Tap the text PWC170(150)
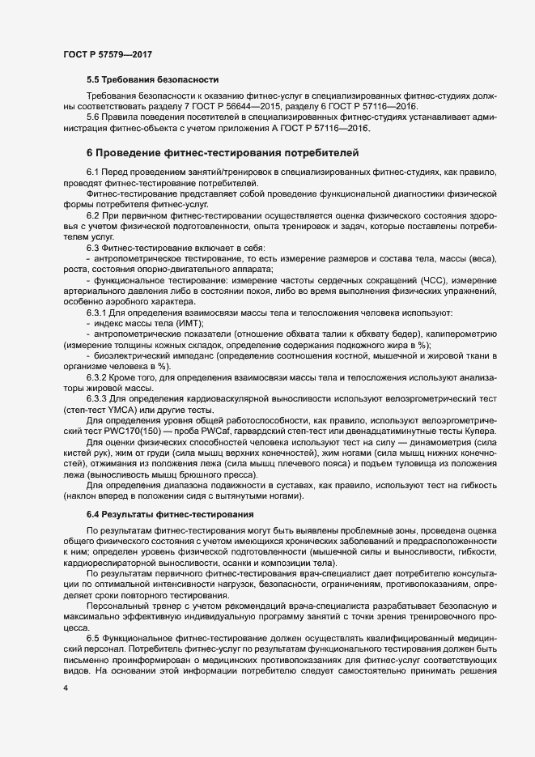[121, 431]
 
